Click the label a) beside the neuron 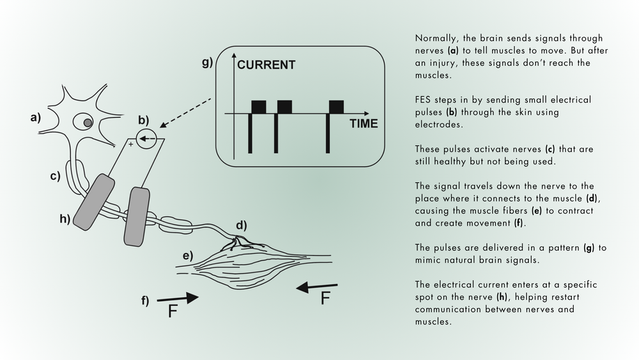click(x=35, y=117)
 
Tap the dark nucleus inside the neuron click(x=88, y=122)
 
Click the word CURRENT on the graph click(x=266, y=65)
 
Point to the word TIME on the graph click(x=363, y=123)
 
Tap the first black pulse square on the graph click(x=259, y=106)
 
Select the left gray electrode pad click(x=93, y=202)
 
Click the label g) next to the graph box click(x=207, y=63)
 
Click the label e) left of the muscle click(x=188, y=256)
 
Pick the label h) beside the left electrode click(x=65, y=219)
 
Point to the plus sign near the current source click(x=131, y=145)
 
